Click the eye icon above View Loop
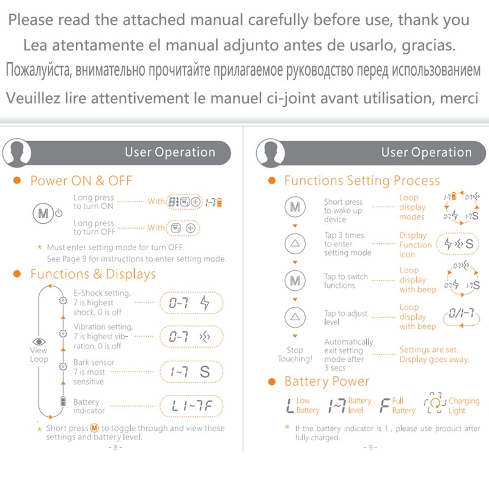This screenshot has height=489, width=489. point(39,342)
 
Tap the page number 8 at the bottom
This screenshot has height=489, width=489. point(116,447)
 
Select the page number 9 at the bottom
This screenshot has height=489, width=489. point(370,447)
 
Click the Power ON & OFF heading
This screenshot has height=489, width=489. point(81,180)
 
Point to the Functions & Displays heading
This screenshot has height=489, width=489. point(93,274)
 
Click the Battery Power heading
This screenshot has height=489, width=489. point(327,381)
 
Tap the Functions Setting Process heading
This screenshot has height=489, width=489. point(362,180)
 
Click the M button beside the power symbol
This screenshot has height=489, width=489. point(43,213)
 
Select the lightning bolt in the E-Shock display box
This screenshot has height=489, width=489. point(205,303)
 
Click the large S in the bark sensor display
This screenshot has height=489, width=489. point(205,372)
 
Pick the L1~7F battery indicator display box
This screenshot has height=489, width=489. point(191,406)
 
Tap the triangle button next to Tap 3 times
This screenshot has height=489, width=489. point(295,243)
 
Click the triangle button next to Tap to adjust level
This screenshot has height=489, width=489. point(295,317)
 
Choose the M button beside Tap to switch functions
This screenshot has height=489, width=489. point(295,280)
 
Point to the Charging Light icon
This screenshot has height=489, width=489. point(435,403)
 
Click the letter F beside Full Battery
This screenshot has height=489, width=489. point(385,405)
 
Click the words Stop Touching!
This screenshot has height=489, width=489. point(295,355)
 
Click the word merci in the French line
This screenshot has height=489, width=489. point(459,98)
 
